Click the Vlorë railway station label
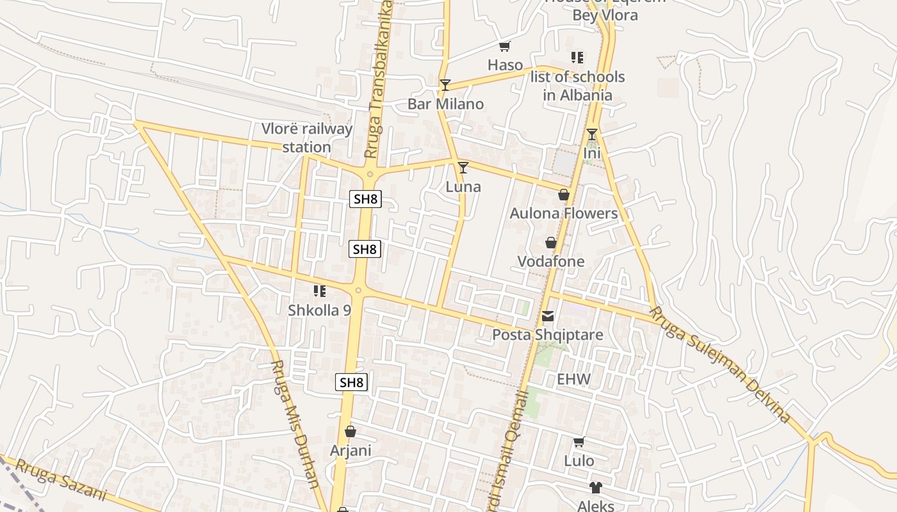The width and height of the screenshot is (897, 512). [x=307, y=138]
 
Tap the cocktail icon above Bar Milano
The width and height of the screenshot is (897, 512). [x=445, y=84]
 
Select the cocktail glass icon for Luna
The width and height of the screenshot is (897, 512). [x=463, y=168]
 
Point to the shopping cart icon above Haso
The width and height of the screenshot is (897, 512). [x=505, y=46]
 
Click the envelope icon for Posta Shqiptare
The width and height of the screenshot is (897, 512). [x=548, y=316]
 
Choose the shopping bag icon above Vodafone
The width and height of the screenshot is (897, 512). [x=551, y=243]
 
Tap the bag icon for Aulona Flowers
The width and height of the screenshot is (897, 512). [x=564, y=195]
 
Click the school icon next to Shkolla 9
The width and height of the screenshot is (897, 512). [x=320, y=292]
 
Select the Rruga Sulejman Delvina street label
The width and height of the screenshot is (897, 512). [x=721, y=365]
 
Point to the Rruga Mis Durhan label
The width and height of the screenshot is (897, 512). [x=295, y=424]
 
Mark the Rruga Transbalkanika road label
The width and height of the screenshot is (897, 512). [x=378, y=80]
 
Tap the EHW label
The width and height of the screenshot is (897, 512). [x=573, y=379]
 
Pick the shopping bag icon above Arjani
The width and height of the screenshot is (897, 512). [x=350, y=431]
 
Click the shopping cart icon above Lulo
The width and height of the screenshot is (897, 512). [x=579, y=442]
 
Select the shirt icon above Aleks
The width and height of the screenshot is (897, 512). [x=596, y=488]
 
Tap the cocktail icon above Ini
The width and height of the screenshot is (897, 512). [x=592, y=134]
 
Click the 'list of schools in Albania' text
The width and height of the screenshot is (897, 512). [x=577, y=86]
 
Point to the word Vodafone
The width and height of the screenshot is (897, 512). [x=551, y=261]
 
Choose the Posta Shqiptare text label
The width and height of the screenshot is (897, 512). [x=547, y=335]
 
